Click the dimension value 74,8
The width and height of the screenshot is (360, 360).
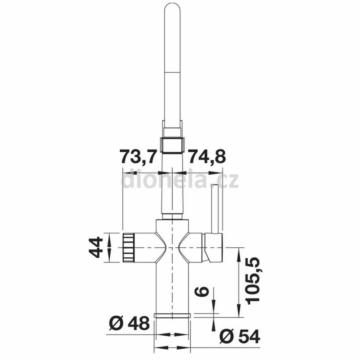pos(206,156)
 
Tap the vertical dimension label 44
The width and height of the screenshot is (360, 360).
pos(96,248)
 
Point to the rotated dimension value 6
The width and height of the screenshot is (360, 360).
pos(202,291)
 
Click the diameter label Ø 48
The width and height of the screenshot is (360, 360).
pos(129,324)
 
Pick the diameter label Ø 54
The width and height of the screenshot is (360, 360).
pos(239,337)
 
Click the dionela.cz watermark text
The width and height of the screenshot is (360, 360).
pos(180,181)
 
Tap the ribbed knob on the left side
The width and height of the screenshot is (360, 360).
pos(128,248)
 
